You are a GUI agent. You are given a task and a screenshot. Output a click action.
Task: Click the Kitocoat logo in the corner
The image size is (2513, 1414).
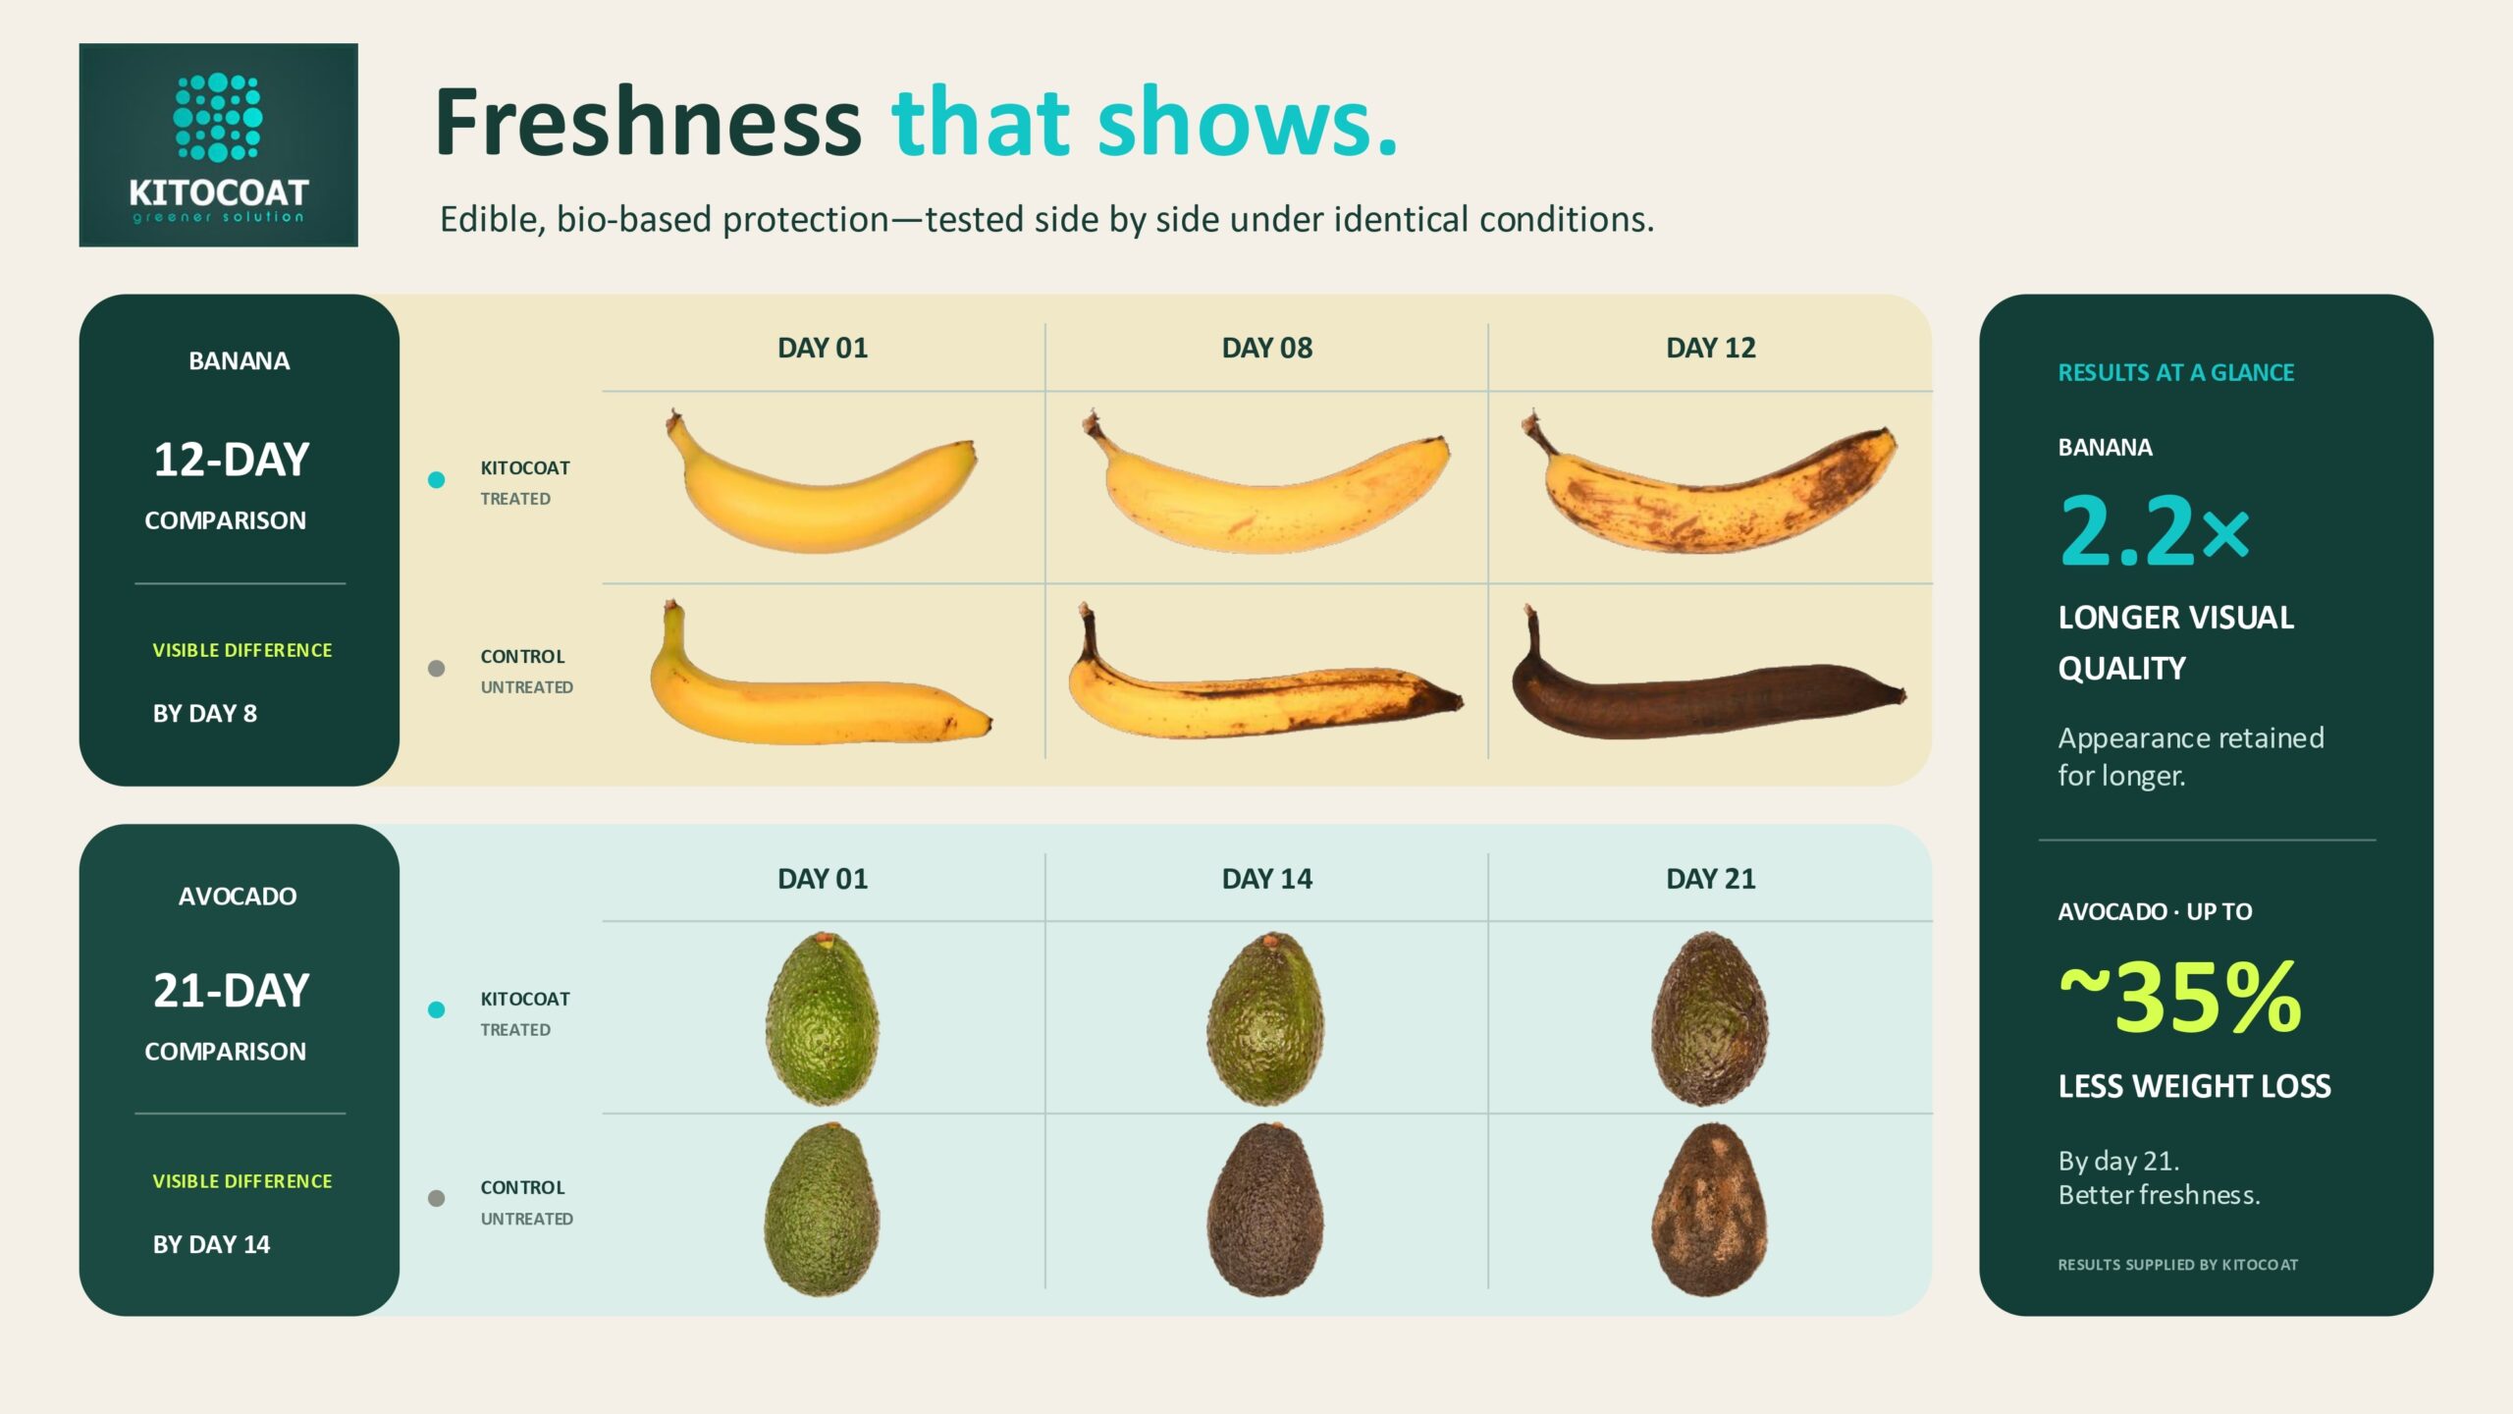[x=218, y=144]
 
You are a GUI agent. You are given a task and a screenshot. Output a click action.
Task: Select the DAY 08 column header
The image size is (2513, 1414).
[x=1266, y=348]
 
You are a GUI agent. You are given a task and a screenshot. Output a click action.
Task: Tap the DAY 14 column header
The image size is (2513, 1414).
[x=1266, y=879]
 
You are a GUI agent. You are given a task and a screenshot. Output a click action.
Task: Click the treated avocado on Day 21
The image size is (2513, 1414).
[x=1710, y=1018]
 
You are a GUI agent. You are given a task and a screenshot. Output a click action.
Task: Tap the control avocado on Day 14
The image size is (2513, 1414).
[x=1265, y=1209]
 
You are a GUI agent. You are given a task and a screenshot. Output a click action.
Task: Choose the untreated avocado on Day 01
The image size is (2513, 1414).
[x=822, y=1209]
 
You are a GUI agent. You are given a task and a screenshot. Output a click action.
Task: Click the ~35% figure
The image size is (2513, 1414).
[x=2179, y=999]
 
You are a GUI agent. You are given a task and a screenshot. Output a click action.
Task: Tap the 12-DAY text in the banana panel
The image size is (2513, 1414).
[x=232, y=460]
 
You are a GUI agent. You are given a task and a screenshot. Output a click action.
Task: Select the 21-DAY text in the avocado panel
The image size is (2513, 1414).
[x=232, y=991]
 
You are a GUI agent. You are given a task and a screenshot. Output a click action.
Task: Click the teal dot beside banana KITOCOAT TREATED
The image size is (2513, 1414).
[x=437, y=480]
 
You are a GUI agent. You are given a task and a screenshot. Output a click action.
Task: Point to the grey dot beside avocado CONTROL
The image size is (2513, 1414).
[x=437, y=1198]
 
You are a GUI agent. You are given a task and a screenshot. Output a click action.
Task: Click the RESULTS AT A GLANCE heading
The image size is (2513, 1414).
[x=2175, y=373]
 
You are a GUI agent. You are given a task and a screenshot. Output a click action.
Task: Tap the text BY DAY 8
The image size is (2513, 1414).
[x=205, y=714]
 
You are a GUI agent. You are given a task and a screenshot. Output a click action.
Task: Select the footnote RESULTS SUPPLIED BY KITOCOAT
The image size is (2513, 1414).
[x=2177, y=1265]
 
